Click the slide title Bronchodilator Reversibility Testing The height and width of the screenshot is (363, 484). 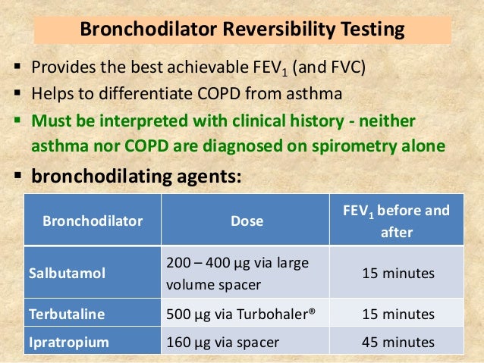[x=242, y=31]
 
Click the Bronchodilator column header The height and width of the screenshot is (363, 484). [x=93, y=221]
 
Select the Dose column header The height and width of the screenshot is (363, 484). [x=247, y=221]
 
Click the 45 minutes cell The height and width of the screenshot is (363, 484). [x=398, y=342]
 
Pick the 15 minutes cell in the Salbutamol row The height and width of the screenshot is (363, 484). [x=398, y=271]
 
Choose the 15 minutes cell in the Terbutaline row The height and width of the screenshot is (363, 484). [x=398, y=314]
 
